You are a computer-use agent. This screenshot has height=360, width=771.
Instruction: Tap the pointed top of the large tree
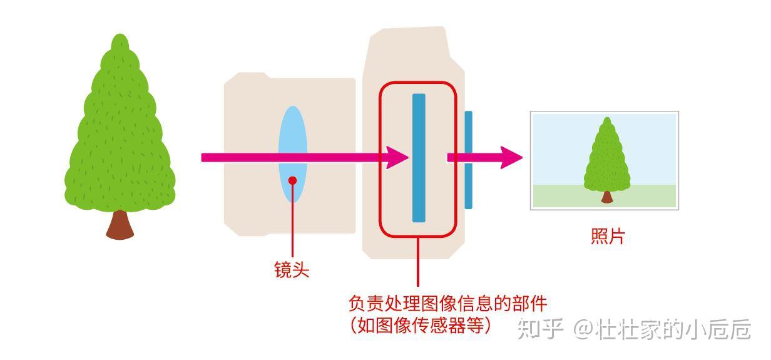120,39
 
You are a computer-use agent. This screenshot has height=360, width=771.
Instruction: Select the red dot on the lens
292,180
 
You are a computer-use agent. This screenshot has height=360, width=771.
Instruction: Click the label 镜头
292,270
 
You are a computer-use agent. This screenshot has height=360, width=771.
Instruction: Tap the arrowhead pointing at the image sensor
397,158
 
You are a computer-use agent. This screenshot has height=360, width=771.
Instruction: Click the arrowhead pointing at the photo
511,158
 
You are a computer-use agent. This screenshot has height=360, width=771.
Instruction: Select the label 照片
608,237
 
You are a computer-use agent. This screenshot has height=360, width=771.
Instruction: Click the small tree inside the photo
606,157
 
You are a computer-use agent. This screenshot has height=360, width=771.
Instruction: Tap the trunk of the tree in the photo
606,197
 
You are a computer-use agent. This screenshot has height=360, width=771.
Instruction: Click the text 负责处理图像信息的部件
447,304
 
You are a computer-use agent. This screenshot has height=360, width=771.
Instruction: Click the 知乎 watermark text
534,329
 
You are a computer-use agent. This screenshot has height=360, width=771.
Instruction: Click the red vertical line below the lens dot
292,219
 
